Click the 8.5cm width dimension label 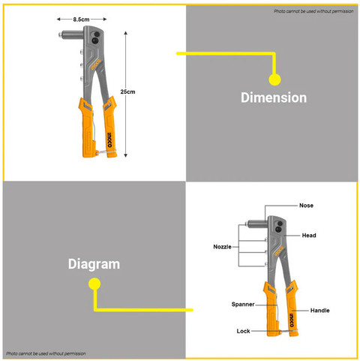(81, 20)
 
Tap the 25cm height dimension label (127, 92)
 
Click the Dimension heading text (274, 98)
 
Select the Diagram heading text (94, 264)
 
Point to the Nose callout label (306, 206)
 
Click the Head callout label (309, 236)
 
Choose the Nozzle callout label (222, 247)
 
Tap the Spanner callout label (243, 304)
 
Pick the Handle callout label (320, 311)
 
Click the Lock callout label (243, 331)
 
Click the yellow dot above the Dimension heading (274, 80)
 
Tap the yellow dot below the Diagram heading (94, 284)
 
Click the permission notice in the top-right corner (313, 11)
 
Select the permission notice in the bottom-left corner (46, 353)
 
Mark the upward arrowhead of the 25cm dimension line (126, 33)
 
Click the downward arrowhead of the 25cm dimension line (126, 155)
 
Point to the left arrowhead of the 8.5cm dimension (58, 19)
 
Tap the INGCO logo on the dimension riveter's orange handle (110, 140)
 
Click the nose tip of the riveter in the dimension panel (60, 35)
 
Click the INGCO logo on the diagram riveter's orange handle (292, 320)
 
